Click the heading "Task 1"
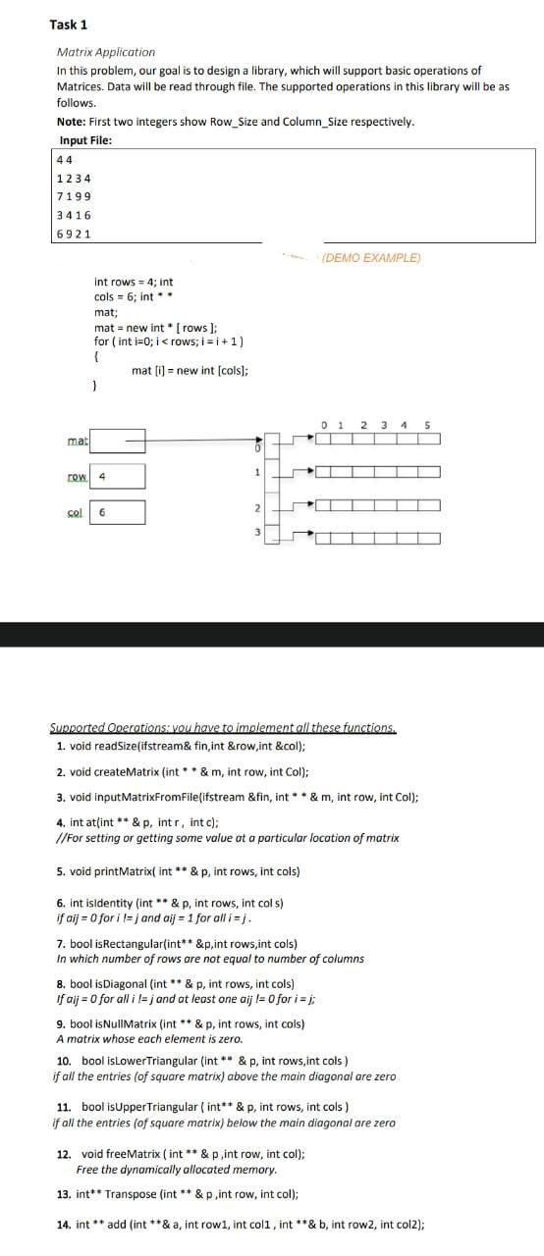coord(69,25)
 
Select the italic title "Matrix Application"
coord(106,52)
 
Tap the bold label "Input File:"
coord(85,139)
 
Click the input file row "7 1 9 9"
coord(76,195)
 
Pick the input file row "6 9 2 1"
coord(76,233)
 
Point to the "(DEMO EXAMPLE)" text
coord(371,258)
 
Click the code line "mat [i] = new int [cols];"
coord(189,371)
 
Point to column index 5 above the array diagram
coord(426,426)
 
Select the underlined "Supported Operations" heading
coord(223,728)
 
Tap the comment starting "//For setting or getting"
coord(228,838)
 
